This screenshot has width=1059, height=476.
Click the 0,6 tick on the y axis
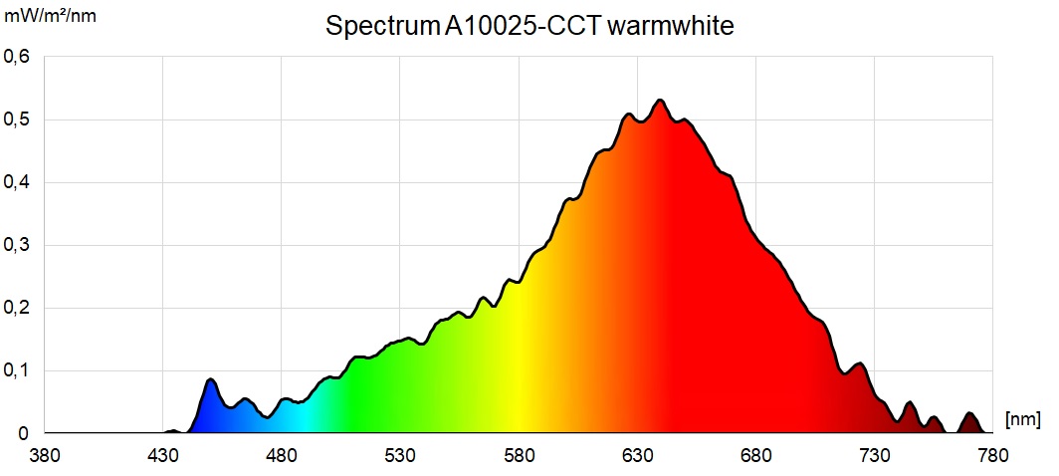pos(18,57)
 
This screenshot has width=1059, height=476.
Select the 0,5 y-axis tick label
pos(18,119)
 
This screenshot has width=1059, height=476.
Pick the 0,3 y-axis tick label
pos(18,245)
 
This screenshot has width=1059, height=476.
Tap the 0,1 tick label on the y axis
pos(18,370)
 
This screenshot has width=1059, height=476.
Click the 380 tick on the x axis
pos(46,455)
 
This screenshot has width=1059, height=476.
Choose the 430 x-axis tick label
pos(164,455)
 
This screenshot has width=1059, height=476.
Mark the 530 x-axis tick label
pos(401,455)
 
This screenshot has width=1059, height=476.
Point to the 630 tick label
pos(638,455)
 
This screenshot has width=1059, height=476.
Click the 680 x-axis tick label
pos(756,455)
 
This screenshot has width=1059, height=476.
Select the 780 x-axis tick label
pos(992,455)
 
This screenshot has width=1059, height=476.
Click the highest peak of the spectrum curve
pos(659,101)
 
